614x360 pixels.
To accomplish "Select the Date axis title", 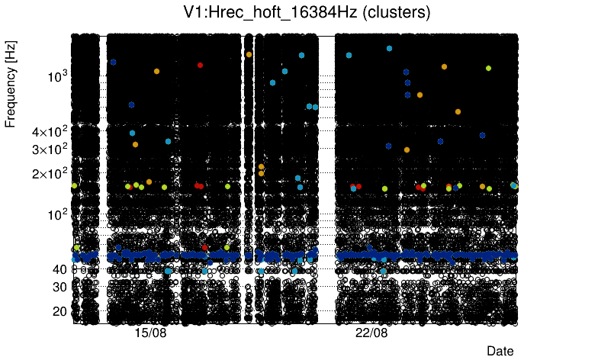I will click(x=500, y=350).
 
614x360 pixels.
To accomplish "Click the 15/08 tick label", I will click(x=150, y=333).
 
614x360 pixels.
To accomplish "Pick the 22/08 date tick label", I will click(x=372, y=333).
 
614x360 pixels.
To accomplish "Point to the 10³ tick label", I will click(x=58, y=76).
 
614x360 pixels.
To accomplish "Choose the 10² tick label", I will click(x=58, y=214).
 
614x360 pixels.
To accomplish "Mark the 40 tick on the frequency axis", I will click(x=58, y=269).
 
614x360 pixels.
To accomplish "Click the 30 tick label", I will click(x=58, y=287).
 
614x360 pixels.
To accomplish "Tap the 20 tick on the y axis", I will click(x=58, y=311).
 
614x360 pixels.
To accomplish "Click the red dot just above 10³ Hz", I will click(x=200, y=66).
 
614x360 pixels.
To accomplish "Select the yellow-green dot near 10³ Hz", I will click(x=488, y=68).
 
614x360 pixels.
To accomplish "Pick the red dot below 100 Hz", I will click(x=204, y=247).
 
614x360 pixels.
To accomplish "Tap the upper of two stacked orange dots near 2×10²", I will click(x=261, y=166).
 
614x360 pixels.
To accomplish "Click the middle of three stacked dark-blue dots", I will click(x=407, y=83).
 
